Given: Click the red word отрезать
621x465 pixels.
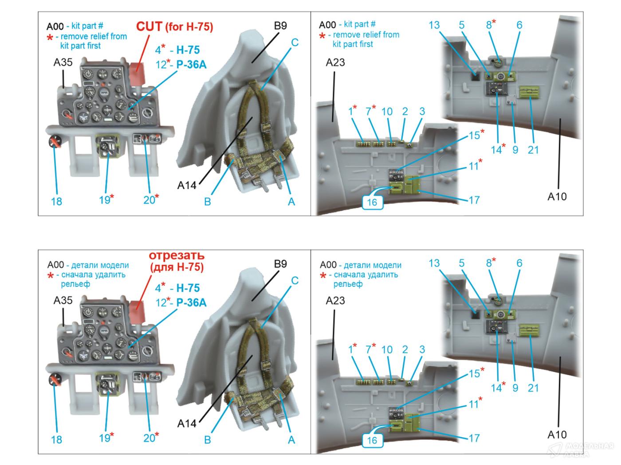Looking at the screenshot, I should (176, 256).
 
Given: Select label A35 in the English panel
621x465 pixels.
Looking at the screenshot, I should (63, 62).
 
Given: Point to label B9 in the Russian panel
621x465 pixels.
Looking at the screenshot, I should (280, 264).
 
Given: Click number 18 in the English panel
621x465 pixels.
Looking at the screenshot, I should (56, 201).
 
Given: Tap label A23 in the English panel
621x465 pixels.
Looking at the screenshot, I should (335, 62).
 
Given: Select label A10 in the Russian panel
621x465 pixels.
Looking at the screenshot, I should (557, 434).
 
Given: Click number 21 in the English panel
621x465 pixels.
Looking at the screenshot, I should (533, 150).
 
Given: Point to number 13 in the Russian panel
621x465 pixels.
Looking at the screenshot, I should (434, 263).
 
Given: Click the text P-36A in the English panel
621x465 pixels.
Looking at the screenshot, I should (191, 65).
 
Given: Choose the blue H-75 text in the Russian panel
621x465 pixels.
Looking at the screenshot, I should (188, 288).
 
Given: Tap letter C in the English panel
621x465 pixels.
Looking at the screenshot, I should (295, 43).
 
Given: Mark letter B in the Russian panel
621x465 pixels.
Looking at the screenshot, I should (207, 440).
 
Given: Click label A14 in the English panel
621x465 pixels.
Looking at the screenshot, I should (187, 186).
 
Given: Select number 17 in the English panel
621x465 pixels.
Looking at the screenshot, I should (474, 200).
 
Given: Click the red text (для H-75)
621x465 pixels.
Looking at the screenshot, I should (177, 267).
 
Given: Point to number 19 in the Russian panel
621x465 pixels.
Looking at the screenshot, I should (104, 438).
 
